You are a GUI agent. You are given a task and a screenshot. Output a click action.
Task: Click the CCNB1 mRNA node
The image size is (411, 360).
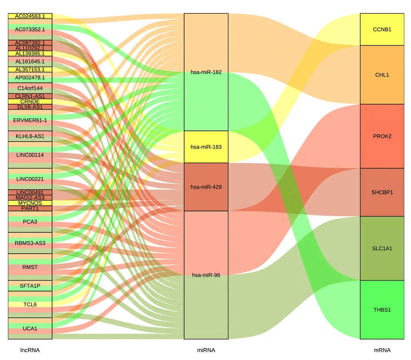tap(382, 29)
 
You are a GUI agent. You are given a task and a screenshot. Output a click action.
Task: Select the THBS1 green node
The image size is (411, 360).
tap(382, 310)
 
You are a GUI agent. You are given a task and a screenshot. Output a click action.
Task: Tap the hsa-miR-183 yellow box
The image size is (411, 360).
tap(206, 147)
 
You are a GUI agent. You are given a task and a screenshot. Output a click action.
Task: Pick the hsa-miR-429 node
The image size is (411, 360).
tap(206, 187)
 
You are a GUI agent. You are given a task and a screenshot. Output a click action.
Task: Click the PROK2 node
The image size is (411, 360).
tap(382, 136)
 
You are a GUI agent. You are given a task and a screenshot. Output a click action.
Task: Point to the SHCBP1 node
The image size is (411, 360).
tap(382, 192)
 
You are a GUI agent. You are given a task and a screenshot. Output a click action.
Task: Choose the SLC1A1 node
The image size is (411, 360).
tap(382, 248)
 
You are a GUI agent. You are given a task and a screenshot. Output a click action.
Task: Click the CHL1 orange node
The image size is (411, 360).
tap(382, 75)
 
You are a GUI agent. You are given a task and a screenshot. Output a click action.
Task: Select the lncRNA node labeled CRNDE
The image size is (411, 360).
tap(30, 102)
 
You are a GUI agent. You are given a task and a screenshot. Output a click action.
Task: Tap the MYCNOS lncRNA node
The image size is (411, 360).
tap(30, 203)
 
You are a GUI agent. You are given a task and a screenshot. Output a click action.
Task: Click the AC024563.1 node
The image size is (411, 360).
tap(30, 16)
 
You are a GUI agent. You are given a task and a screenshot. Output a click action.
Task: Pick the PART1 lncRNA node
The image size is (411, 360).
tap(30, 208)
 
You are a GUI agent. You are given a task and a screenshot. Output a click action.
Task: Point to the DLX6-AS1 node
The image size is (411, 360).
tap(30, 107)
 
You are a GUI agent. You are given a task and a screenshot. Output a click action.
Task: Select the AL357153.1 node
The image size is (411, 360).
tap(30, 69)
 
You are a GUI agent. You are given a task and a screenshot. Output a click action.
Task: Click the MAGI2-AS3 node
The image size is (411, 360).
tap(30, 197)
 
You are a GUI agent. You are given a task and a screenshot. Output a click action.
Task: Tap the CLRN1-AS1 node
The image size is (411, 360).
tap(30, 96)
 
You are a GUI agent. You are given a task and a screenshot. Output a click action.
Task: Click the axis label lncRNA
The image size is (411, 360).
tap(30, 350)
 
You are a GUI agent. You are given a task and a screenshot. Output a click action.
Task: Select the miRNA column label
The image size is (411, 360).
tap(206, 350)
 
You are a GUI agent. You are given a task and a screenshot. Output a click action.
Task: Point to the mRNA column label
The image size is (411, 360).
tap(382, 350)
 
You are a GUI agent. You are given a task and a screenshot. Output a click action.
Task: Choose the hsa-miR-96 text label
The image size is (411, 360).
tap(206, 275)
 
